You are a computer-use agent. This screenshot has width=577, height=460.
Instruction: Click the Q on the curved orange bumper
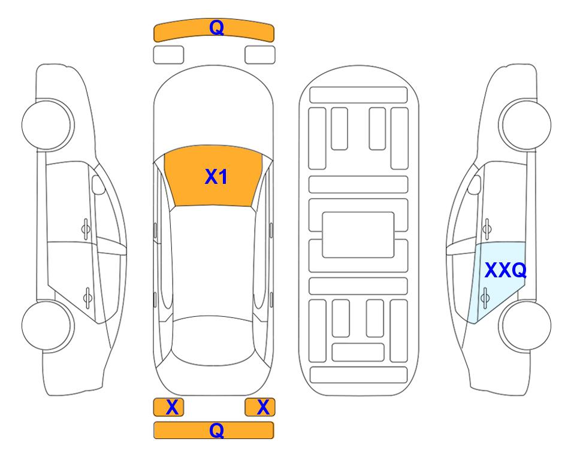[216, 28]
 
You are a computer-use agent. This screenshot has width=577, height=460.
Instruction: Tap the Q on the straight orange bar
[216, 430]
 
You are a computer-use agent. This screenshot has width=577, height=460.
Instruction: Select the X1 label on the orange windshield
[216, 177]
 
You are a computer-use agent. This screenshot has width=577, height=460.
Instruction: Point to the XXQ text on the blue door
[506, 270]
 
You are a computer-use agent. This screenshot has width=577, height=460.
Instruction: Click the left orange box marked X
[168, 407]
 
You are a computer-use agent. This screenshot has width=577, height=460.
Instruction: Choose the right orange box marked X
[260, 407]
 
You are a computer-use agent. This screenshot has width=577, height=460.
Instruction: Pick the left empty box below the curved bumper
[168, 55]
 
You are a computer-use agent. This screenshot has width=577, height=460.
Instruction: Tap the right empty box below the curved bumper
[260, 55]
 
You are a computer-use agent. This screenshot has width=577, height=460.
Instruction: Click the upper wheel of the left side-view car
[47, 125]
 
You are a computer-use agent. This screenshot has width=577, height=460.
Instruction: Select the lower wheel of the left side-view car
[47, 325]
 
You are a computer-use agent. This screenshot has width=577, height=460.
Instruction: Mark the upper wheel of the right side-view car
[525, 125]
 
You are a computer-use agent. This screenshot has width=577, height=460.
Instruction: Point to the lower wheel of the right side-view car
[525, 325]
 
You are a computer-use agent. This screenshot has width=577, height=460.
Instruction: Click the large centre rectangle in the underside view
[358, 235]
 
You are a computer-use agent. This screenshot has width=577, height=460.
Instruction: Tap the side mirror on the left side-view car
[98, 184]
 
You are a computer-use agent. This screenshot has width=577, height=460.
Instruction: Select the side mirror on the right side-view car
[475, 184]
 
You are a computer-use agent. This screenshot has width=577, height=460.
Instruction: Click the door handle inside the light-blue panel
[485, 298]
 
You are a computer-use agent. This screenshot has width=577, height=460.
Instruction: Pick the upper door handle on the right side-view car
[487, 229]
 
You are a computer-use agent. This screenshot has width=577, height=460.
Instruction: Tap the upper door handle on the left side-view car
[86, 229]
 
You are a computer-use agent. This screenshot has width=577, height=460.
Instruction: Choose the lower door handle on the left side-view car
[87, 298]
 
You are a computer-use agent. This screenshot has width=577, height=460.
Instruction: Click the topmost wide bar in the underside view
[358, 95]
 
